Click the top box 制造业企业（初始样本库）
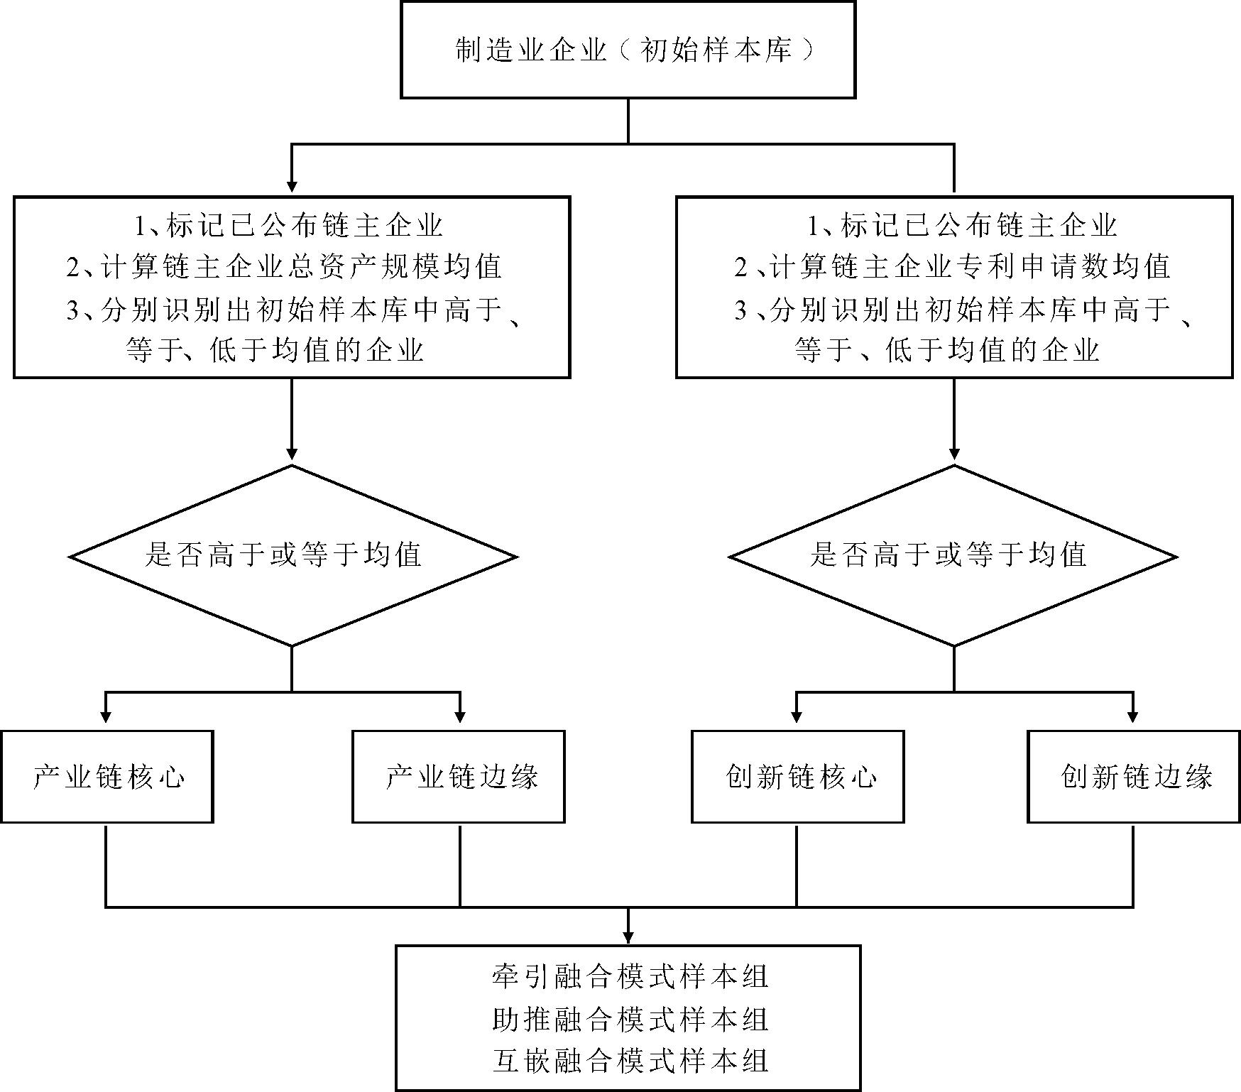[x=628, y=50]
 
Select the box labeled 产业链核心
[x=107, y=777]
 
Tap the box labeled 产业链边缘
[x=459, y=777]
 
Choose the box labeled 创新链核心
[x=797, y=777]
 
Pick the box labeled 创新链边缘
[x=1134, y=777]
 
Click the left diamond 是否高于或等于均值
[x=292, y=556]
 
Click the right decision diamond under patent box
[x=953, y=556]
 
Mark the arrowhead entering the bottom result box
[x=628, y=937]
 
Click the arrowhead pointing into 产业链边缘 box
[x=460, y=717]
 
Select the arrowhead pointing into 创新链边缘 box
[x=1132, y=717]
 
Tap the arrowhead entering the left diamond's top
[x=292, y=454]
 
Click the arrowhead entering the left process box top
[x=292, y=186]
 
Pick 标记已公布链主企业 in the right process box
[x=963, y=226]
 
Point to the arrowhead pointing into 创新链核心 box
[x=797, y=717]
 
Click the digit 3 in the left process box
[x=72, y=311]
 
